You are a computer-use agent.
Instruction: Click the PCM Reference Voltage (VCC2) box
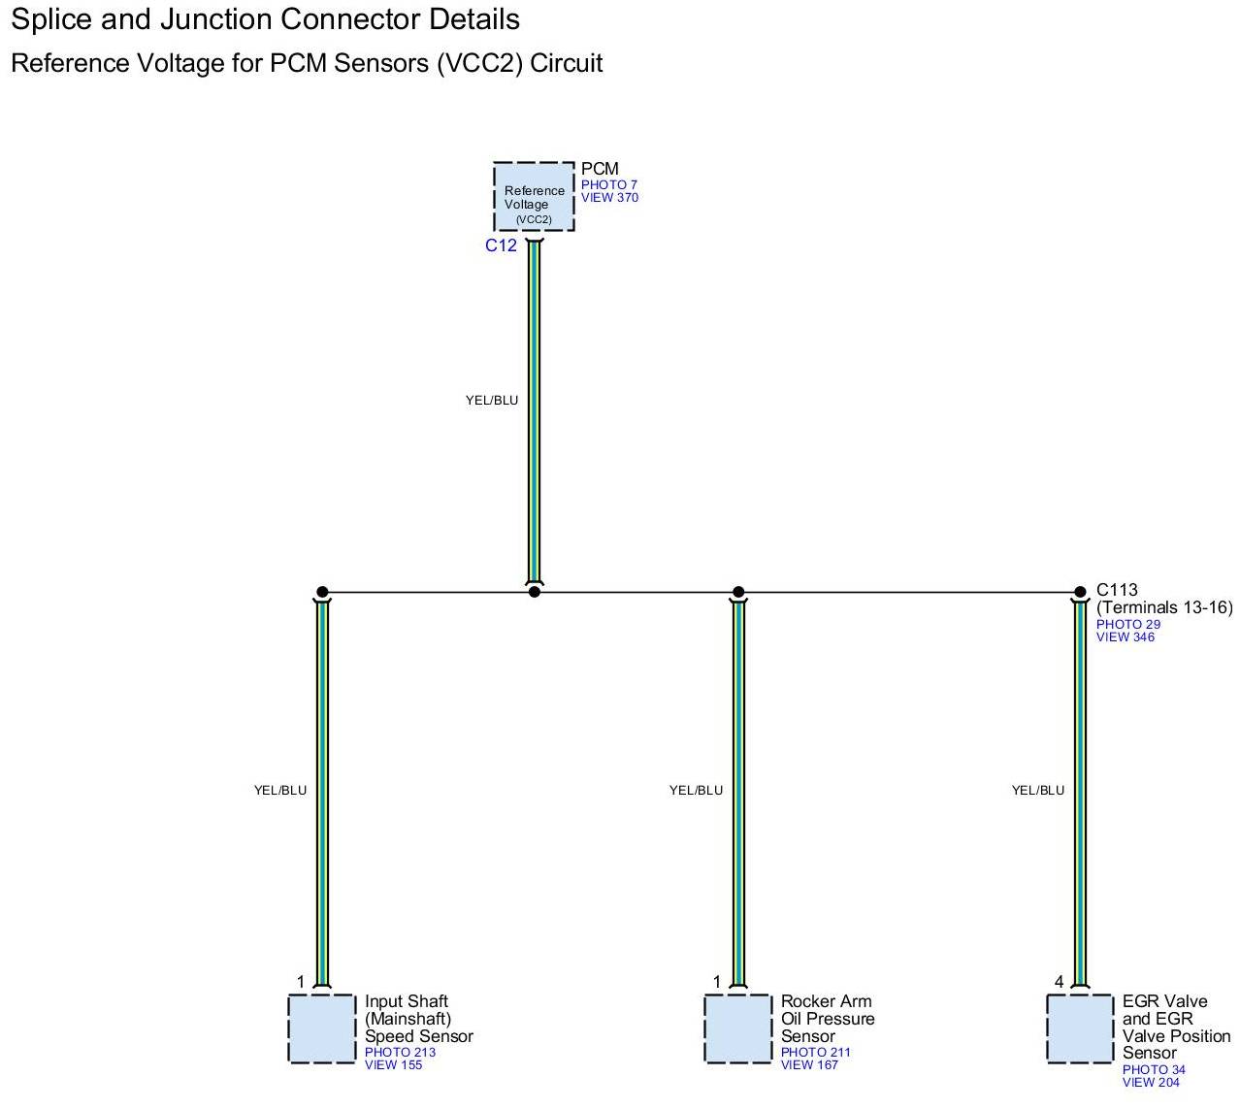coord(534,196)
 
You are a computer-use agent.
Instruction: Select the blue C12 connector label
coord(501,245)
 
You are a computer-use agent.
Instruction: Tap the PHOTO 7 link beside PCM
coord(609,184)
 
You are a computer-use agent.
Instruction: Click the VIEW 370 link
coord(609,198)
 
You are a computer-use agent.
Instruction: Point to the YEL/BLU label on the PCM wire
coord(492,401)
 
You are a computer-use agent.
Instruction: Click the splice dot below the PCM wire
coord(535,592)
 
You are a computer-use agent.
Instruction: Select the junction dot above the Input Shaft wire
coord(322,592)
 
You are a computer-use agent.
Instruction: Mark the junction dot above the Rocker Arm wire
coord(738,592)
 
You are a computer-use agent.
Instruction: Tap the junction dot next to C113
coord(1080,592)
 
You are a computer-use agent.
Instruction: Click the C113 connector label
coord(1117,589)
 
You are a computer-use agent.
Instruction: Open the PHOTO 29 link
coord(1128,624)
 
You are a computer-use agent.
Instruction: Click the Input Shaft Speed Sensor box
coord(321,1028)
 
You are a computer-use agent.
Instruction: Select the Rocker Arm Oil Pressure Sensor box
coord(737,1028)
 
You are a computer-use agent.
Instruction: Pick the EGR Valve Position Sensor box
coord(1080,1028)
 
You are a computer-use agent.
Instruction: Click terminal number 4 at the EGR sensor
coord(1059,982)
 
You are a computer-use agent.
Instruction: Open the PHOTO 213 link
coord(401,1052)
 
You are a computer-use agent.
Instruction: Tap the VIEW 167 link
coord(809,1065)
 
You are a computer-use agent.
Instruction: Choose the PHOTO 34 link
coord(1154,1069)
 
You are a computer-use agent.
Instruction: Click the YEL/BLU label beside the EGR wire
coord(1038,790)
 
